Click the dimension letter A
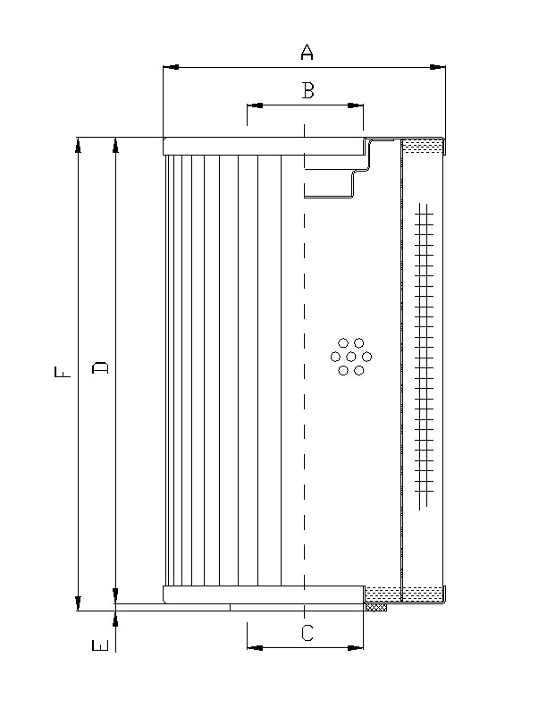click(x=307, y=54)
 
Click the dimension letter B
click(x=307, y=90)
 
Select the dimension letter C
click(x=307, y=633)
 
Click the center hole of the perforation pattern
click(x=350, y=357)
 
